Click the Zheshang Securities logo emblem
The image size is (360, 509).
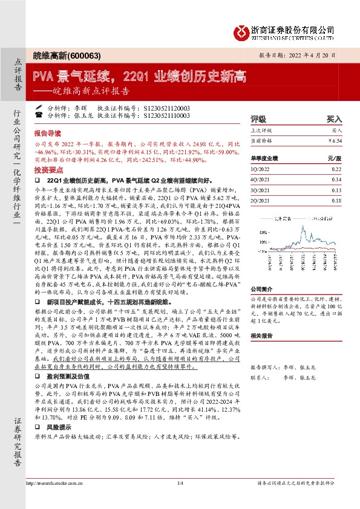coord(241,31)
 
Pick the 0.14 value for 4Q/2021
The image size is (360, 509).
coord(336,179)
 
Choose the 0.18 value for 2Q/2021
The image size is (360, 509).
coord(336,199)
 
